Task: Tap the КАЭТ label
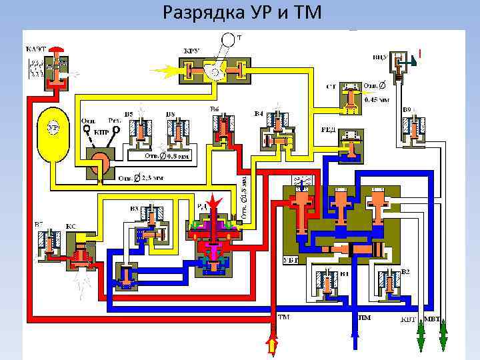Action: coord(36,49)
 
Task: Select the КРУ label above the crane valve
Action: coord(191,51)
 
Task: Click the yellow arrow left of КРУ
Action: coord(164,69)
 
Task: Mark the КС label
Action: coord(71,227)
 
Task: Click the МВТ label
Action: coord(433,319)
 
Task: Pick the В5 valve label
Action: coord(128,114)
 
